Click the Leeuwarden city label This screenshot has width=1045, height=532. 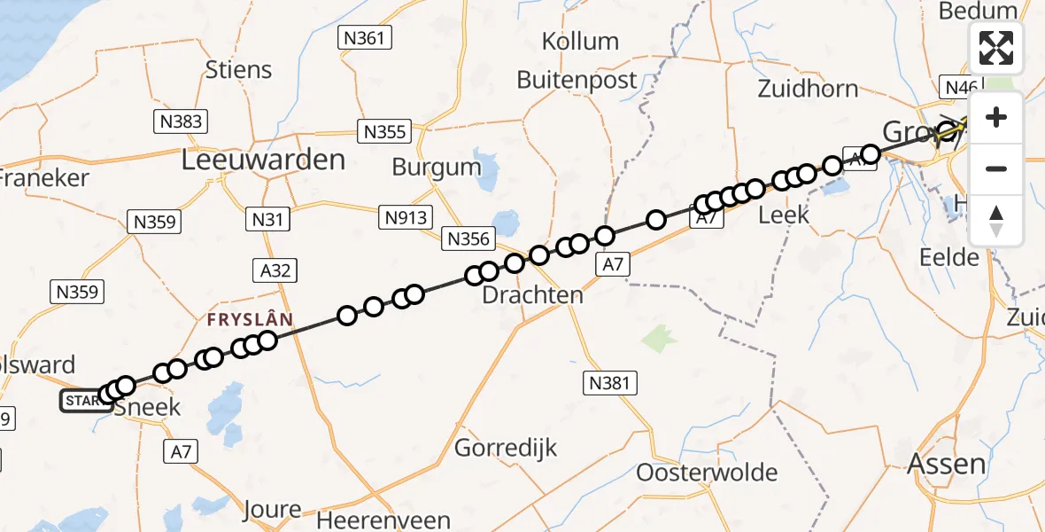(x=263, y=160)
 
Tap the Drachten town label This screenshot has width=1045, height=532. (x=532, y=295)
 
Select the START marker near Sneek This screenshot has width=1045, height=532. (x=82, y=401)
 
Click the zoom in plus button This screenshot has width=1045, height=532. (x=996, y=118)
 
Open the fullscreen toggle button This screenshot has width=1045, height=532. (x=996, y=48)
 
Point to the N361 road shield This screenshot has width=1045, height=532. (x=365, y=37)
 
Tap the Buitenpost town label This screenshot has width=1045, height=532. (x=577, y=80)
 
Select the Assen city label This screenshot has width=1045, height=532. (x=946, y=463)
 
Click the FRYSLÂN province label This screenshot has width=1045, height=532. (x=251, y=319)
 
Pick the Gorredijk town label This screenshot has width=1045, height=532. (x=506, y=448)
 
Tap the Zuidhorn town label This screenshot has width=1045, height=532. (x=808, y=88)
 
